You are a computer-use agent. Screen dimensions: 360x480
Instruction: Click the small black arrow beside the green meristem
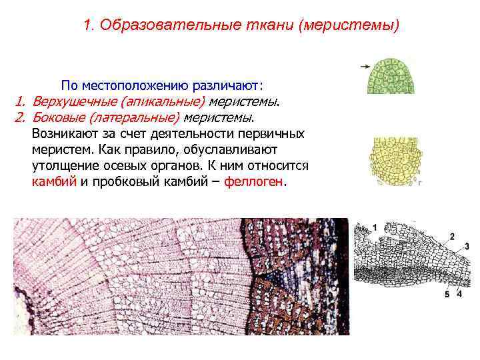(x=365, y=66)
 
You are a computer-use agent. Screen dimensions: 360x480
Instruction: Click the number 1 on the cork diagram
(x=375, y=227)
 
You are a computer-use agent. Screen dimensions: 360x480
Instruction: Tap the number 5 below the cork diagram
(x=447, y=294)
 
